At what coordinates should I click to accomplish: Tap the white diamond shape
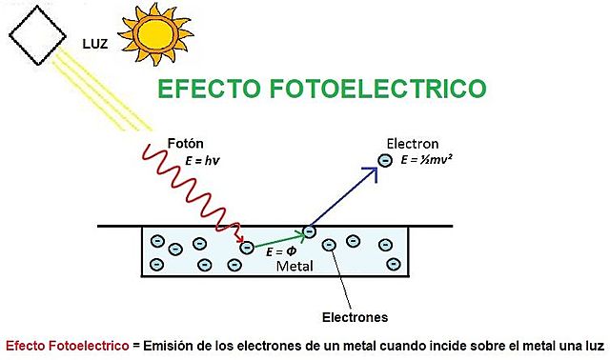coord(39,34)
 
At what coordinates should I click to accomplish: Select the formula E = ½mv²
coord(439,160)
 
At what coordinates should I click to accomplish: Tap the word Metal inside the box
coord(294,267)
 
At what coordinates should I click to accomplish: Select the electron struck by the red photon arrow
coord(247,248)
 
